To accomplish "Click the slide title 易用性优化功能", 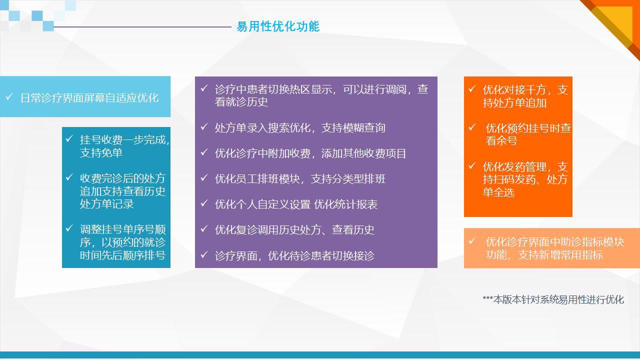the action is tap(278, 26).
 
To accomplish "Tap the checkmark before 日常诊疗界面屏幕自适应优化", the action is tap(9, 96).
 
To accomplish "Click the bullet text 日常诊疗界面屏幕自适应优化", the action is tap(89, 98).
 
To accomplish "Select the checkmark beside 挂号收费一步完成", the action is tap(69, 138).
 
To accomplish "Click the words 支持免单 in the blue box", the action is tap(101, 153).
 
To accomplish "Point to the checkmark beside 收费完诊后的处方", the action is tap(69, 177).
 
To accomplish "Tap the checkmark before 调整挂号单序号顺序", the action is tap(69, 228).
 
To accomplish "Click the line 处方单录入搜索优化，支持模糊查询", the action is tap(300, 128).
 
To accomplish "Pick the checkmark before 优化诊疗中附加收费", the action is tap(204, 152).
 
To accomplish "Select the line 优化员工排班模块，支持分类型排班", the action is tap(300, 179).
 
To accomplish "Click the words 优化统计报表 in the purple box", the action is tap(345, 204).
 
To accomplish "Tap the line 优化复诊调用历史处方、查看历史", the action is tap(294, 230).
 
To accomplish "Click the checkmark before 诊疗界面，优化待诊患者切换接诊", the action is tap(204, 254).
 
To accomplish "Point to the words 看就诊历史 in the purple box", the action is tap(241, 102).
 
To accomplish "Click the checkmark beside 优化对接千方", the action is tap(472, 88).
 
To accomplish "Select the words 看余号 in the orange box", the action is tap(501, 141).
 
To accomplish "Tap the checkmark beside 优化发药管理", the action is tap(472, 165).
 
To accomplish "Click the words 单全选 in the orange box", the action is tap(498, 192).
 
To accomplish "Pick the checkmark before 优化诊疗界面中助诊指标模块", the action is tap(472, 241).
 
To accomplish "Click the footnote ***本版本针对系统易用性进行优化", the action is tap(553, 299).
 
